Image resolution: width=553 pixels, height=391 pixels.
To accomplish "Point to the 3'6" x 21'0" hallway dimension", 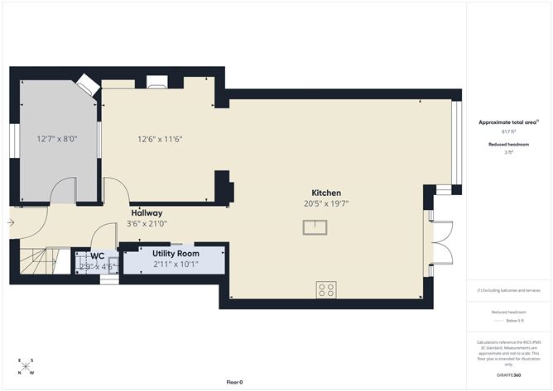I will click(x=147, y=223).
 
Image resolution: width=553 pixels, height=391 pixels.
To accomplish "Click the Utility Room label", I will click(x=176, y=253).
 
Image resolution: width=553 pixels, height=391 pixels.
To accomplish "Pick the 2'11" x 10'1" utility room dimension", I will click(x=176, y=265).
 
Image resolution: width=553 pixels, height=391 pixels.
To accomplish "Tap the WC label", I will click(x=97, y=256).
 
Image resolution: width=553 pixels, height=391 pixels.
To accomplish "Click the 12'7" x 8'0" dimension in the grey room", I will click(x=56, y=139).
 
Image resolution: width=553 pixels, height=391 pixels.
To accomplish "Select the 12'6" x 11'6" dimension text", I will click(x=160, y=139).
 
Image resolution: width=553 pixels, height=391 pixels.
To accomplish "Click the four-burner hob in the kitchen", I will click(x=325, y=289).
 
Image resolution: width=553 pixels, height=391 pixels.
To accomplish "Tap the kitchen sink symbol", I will click(x=314, y=227).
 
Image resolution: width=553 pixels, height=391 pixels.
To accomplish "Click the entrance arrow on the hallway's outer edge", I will click(x=11, y=222).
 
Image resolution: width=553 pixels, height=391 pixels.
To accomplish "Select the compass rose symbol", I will click(x=26, y=366).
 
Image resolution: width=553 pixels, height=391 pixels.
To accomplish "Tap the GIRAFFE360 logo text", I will click(x=508, y=374).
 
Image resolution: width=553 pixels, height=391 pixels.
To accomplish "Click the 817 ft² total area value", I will click(x=508, y=131).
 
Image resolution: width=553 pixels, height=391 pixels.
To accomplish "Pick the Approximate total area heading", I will click(x=507, y=122).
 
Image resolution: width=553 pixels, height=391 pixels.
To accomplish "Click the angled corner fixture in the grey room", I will click(x=87, y=84).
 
